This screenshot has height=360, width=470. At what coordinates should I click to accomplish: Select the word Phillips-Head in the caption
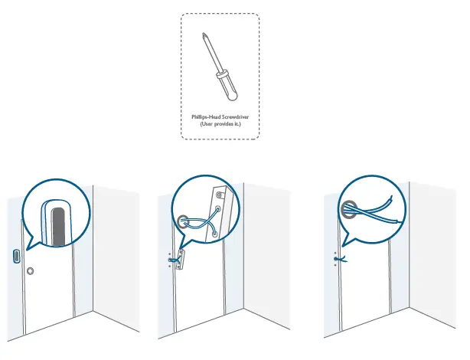click(207, 116)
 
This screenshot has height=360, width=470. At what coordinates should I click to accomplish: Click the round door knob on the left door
click(30, 271)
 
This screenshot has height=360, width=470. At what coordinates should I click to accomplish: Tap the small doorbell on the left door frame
click(16, 256)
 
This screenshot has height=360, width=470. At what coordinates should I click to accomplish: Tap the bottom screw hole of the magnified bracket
click(214, 231)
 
